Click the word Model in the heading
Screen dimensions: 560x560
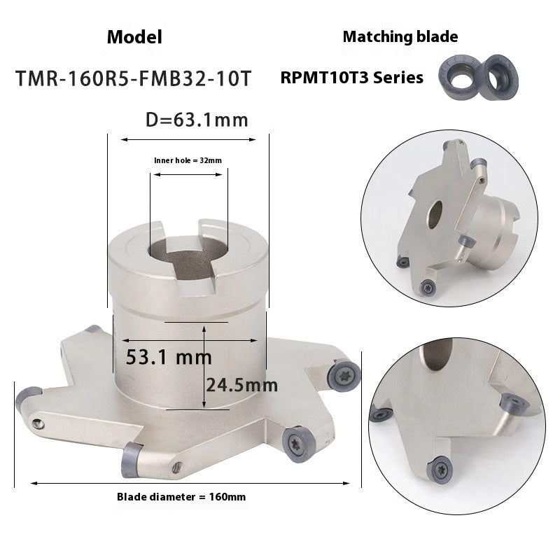click(x=134, y=37)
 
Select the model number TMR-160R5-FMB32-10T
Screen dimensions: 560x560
click(x=134, y=77)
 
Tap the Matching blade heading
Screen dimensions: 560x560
click(x=400, y=37)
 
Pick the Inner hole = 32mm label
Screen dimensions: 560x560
click(x=188, y=160)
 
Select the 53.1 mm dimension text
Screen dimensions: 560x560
click(x=169, y=357)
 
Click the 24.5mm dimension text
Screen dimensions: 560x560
click(x=241, y=384)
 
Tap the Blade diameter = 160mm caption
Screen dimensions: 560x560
click(x=181, y=496)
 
